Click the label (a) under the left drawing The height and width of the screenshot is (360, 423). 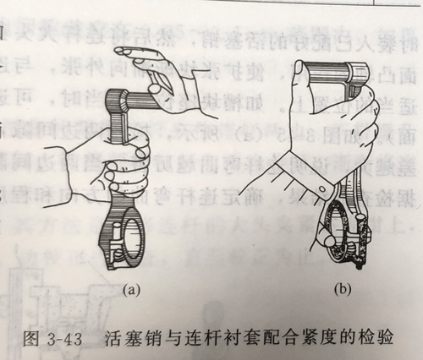[129, 288]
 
